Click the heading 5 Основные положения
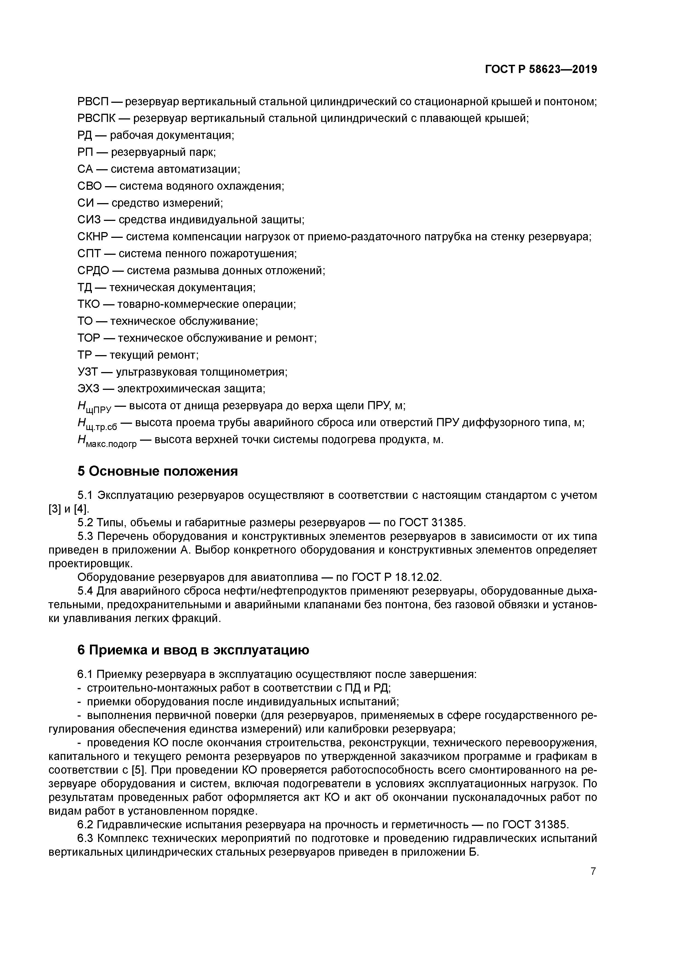(x=157, y=471)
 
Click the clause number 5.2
(x=85, y=522)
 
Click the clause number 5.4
(x=85, y=591)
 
